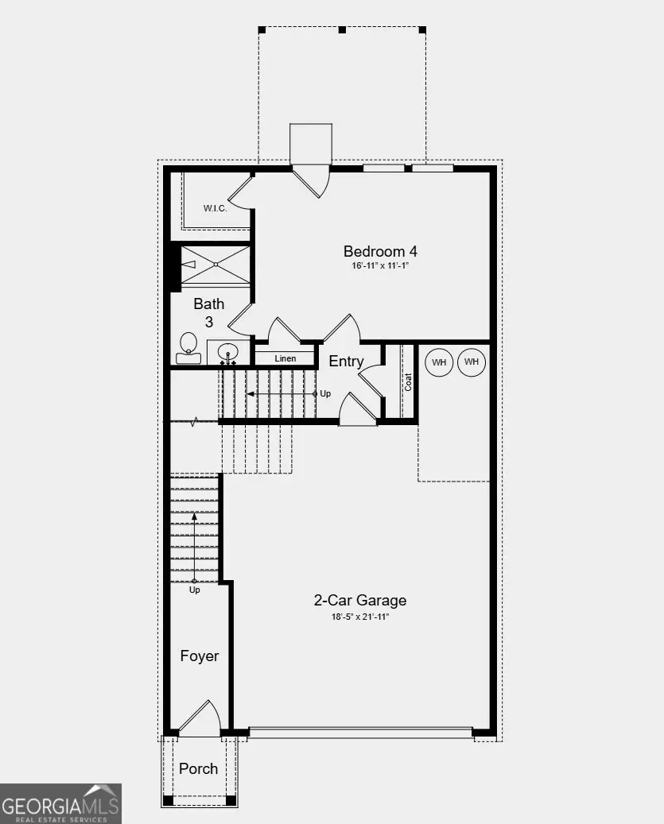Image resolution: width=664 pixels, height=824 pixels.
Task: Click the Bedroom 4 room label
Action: pyautogui.click(x=380, y=251)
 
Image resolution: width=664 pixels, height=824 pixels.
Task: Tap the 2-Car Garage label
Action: pyautogui.click(x=360, y=601)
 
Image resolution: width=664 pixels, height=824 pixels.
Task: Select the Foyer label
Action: pyautogui.click(x=199, y=656)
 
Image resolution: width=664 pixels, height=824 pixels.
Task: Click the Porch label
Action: pyautogui.click(x=198, y=768)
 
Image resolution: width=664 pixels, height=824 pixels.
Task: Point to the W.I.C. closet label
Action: pyautogui.click(x=215, y=209)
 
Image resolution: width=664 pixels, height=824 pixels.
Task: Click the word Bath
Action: pyautogui.click(x=209, y=304)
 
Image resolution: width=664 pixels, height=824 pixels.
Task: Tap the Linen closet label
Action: pyautogui.click(x=285, y=358)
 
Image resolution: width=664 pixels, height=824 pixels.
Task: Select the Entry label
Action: pyautogui.click(x=347, y=362)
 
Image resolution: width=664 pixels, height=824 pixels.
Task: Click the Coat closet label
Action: pyautogui.click(x=409, y=381)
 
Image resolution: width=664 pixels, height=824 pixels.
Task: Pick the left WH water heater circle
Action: pyautogui.click(x=439, y=362)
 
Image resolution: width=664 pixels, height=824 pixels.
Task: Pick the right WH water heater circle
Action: pyautogui.click(x=472, y=362)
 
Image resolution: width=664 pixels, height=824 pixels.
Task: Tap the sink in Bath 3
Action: pyautogui.click(x=228, y=351)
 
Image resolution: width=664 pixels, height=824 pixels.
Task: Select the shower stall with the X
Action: pyautogui.click(x=216, y=264)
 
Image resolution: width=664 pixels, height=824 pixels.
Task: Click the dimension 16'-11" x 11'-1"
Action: pyautogui.click(x=380, y=266)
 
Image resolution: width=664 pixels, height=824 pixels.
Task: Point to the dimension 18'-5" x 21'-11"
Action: pyautogui.click(x=360, y=616)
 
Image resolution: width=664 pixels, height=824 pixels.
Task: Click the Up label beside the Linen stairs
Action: pyautogui.click(x=325, y=393)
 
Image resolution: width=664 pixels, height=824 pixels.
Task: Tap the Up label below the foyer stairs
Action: pyautogui.click(x=195, y=590)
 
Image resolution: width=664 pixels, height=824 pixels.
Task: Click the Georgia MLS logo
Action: pyautogui.click(x=60, y=803)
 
